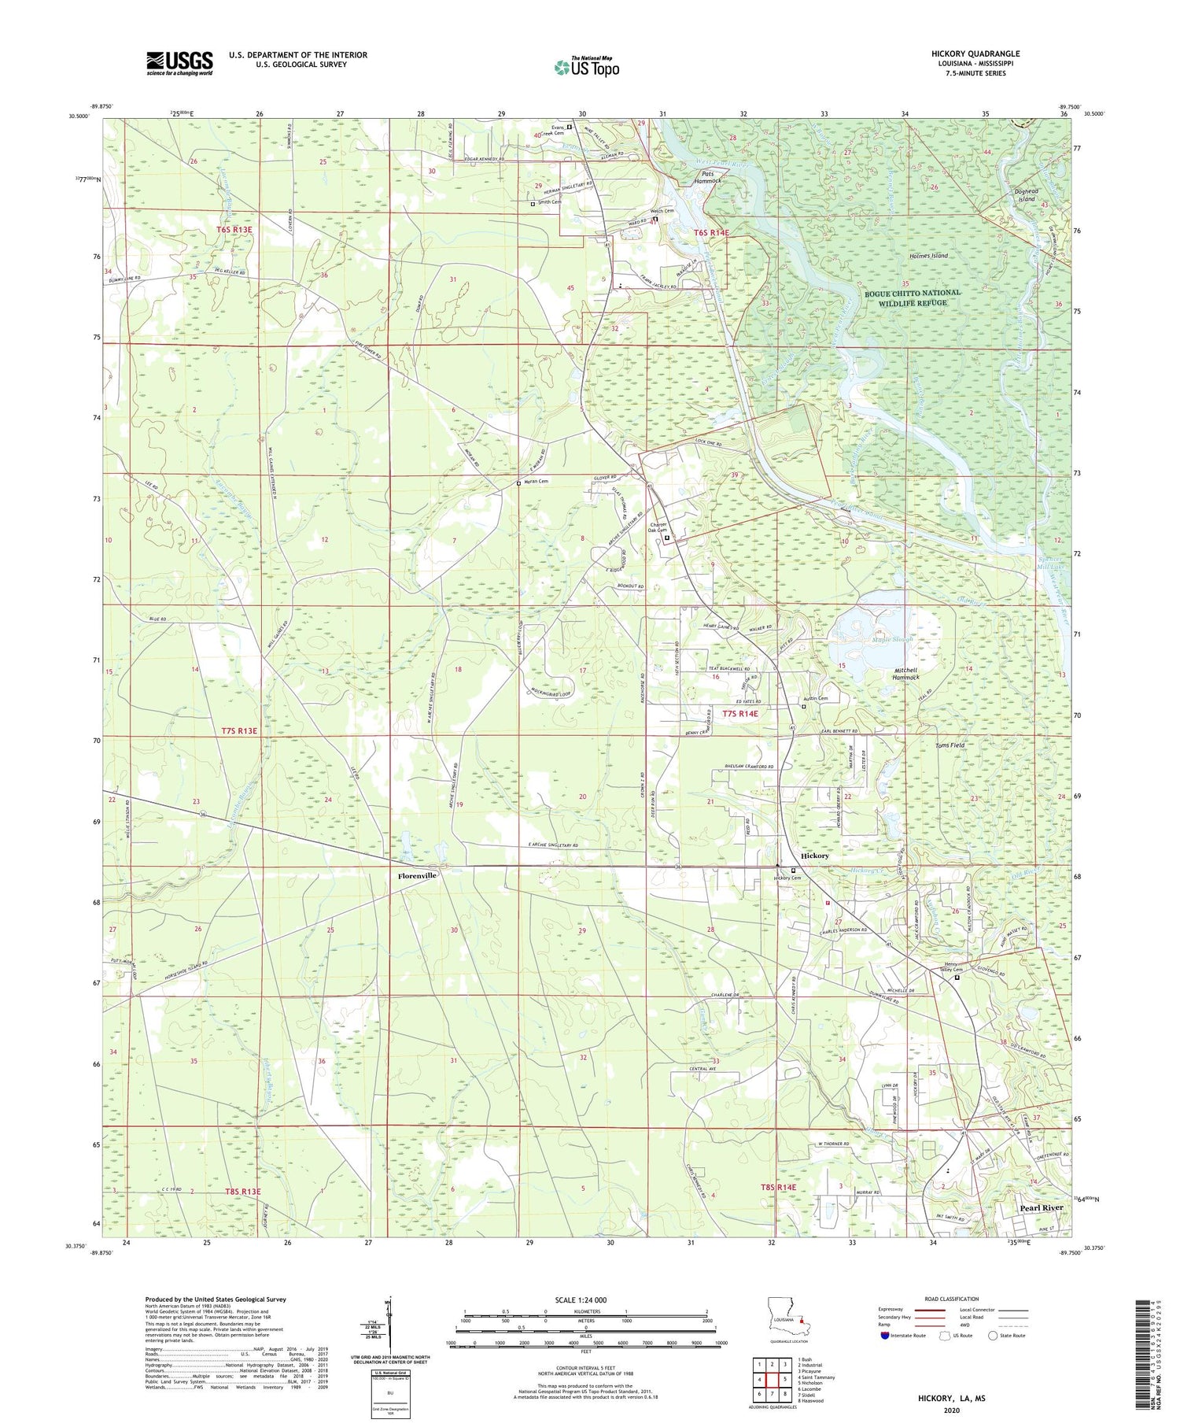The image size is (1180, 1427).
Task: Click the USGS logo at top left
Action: [179, 63]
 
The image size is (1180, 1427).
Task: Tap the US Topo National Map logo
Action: [586, 67]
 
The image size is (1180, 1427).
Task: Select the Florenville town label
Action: [417, 875]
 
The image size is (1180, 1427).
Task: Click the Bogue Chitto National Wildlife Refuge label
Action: [913, 298]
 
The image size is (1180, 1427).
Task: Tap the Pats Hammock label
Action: [706, 176]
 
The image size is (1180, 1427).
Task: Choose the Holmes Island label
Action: [928, 256]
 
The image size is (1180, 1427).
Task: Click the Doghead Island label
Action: [1026, 195]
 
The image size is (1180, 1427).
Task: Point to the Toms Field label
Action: [949, 745]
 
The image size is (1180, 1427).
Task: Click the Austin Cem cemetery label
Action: [815, 698]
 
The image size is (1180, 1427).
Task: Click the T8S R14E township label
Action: [777, 1187]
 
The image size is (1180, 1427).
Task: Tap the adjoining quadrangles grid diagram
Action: [773, 1379]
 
